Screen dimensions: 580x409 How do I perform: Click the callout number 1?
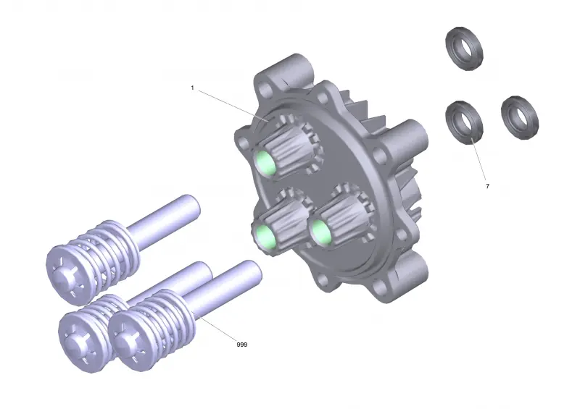tap(192, 88)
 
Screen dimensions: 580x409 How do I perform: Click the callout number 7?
tap(487, 186)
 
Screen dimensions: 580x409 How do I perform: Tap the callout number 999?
tap(242, 345)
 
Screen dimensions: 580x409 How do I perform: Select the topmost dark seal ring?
tap(464, 49)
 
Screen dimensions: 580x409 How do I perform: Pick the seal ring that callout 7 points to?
tap(464, 122)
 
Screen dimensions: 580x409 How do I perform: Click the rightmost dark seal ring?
tap(520, 118)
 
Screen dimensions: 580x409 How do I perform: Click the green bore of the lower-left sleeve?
tap(265, 237)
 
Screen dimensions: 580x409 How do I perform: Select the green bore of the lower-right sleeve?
tap(321, 232)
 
